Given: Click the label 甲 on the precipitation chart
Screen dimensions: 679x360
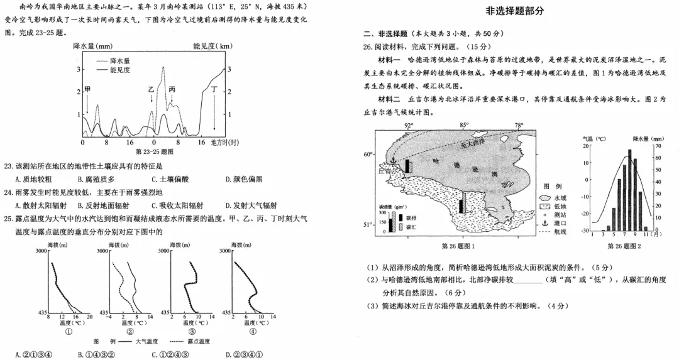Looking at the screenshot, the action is click(x=88, y=90).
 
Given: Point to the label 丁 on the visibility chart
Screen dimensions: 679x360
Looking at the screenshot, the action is click(x=215, y=90).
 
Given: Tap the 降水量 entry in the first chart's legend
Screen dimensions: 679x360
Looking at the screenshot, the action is click(x=119, y=61).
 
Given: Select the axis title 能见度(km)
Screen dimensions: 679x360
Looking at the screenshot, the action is click(x=213, y=46).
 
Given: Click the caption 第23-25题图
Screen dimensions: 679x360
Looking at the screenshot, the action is click(x=155, y=152).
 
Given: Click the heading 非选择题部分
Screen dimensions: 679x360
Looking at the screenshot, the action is click(x=515, y=11).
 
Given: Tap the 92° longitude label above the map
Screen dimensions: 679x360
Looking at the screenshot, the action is click(x=409, y=126).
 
